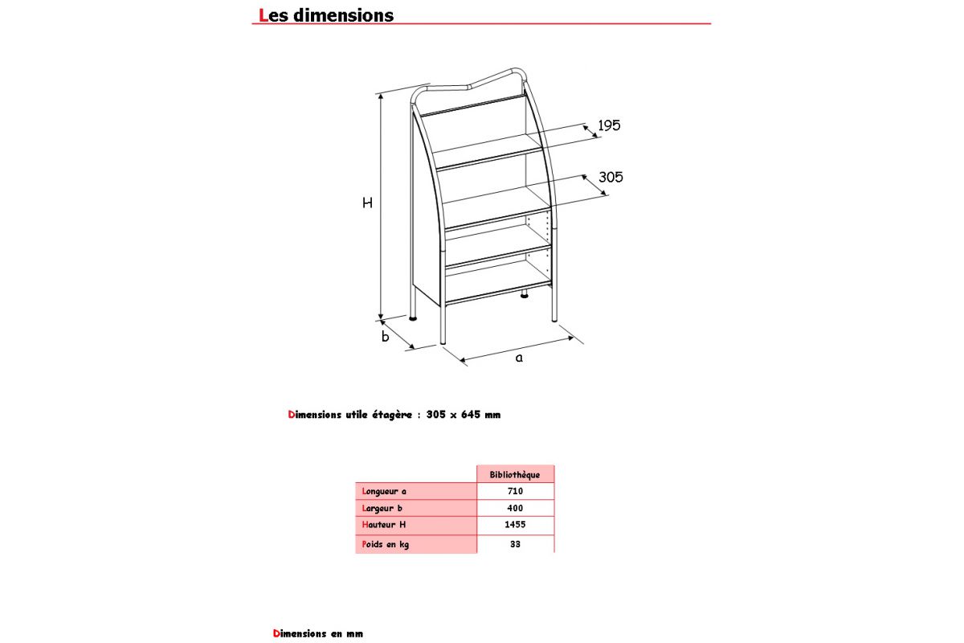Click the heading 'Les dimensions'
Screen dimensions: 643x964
point(326,15)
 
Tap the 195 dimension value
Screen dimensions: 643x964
point(609,125)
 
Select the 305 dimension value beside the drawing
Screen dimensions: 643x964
point(611,177)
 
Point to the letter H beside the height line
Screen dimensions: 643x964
point(367,203)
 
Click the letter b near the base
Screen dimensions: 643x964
point(385,337)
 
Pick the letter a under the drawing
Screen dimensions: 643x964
point(519,358)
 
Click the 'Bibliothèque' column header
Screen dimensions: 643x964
point(515,474)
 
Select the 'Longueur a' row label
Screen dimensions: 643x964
point(385,491)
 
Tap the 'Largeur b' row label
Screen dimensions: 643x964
point(382,508)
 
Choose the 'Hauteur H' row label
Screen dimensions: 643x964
point(384,525)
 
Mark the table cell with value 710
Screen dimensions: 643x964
point(515,491)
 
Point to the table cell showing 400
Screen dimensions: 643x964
point(515,508)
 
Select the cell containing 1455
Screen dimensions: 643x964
point(515,525)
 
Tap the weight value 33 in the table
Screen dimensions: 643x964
point(515,544)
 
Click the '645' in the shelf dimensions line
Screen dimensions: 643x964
point(471,415)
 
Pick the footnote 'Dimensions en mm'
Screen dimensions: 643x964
point(318,633)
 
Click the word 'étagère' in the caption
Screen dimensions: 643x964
point(392,415)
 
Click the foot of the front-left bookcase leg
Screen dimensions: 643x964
point(443,341)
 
